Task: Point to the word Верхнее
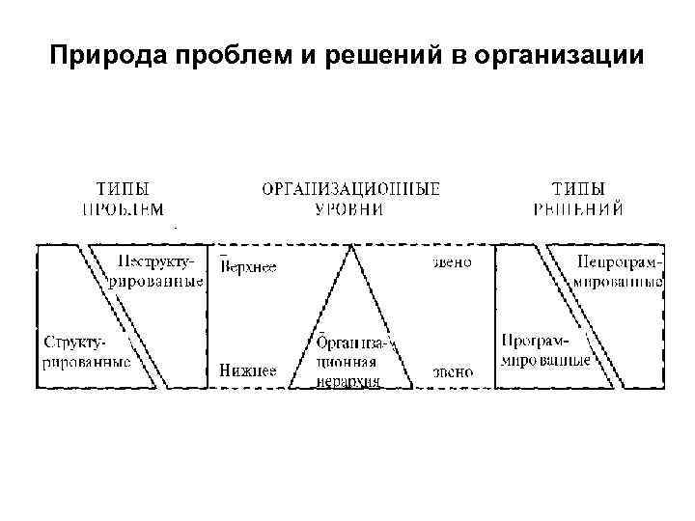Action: click(249, 267)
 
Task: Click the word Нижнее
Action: click(248, 370)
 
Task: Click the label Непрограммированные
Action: click(617, 271)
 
